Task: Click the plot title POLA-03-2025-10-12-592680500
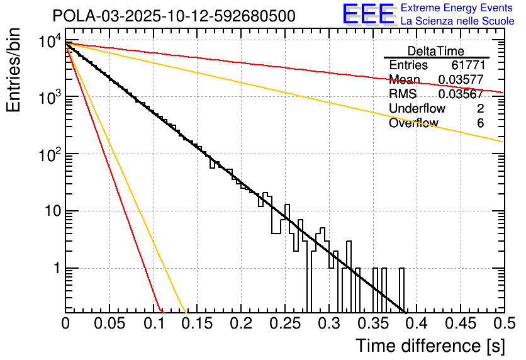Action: (x=174, y=16)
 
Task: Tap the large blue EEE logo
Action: (x=368, y=14)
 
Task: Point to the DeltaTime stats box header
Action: (x=436, y=51)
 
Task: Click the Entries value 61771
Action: (x=467, y=65)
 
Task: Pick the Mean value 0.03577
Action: (x=461, y=80)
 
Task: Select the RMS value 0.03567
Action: (x=461, y=94)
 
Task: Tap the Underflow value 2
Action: (x=480, y=109)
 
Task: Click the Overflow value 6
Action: (x=480, y=123)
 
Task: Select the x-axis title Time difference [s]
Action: (x=430, y=346)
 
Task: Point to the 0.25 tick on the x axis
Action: (x=284, y=323)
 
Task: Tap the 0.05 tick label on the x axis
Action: (x=109, y=323)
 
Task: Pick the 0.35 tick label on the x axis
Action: (x=372, y=323)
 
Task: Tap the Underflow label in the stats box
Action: (x=417, y=109)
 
